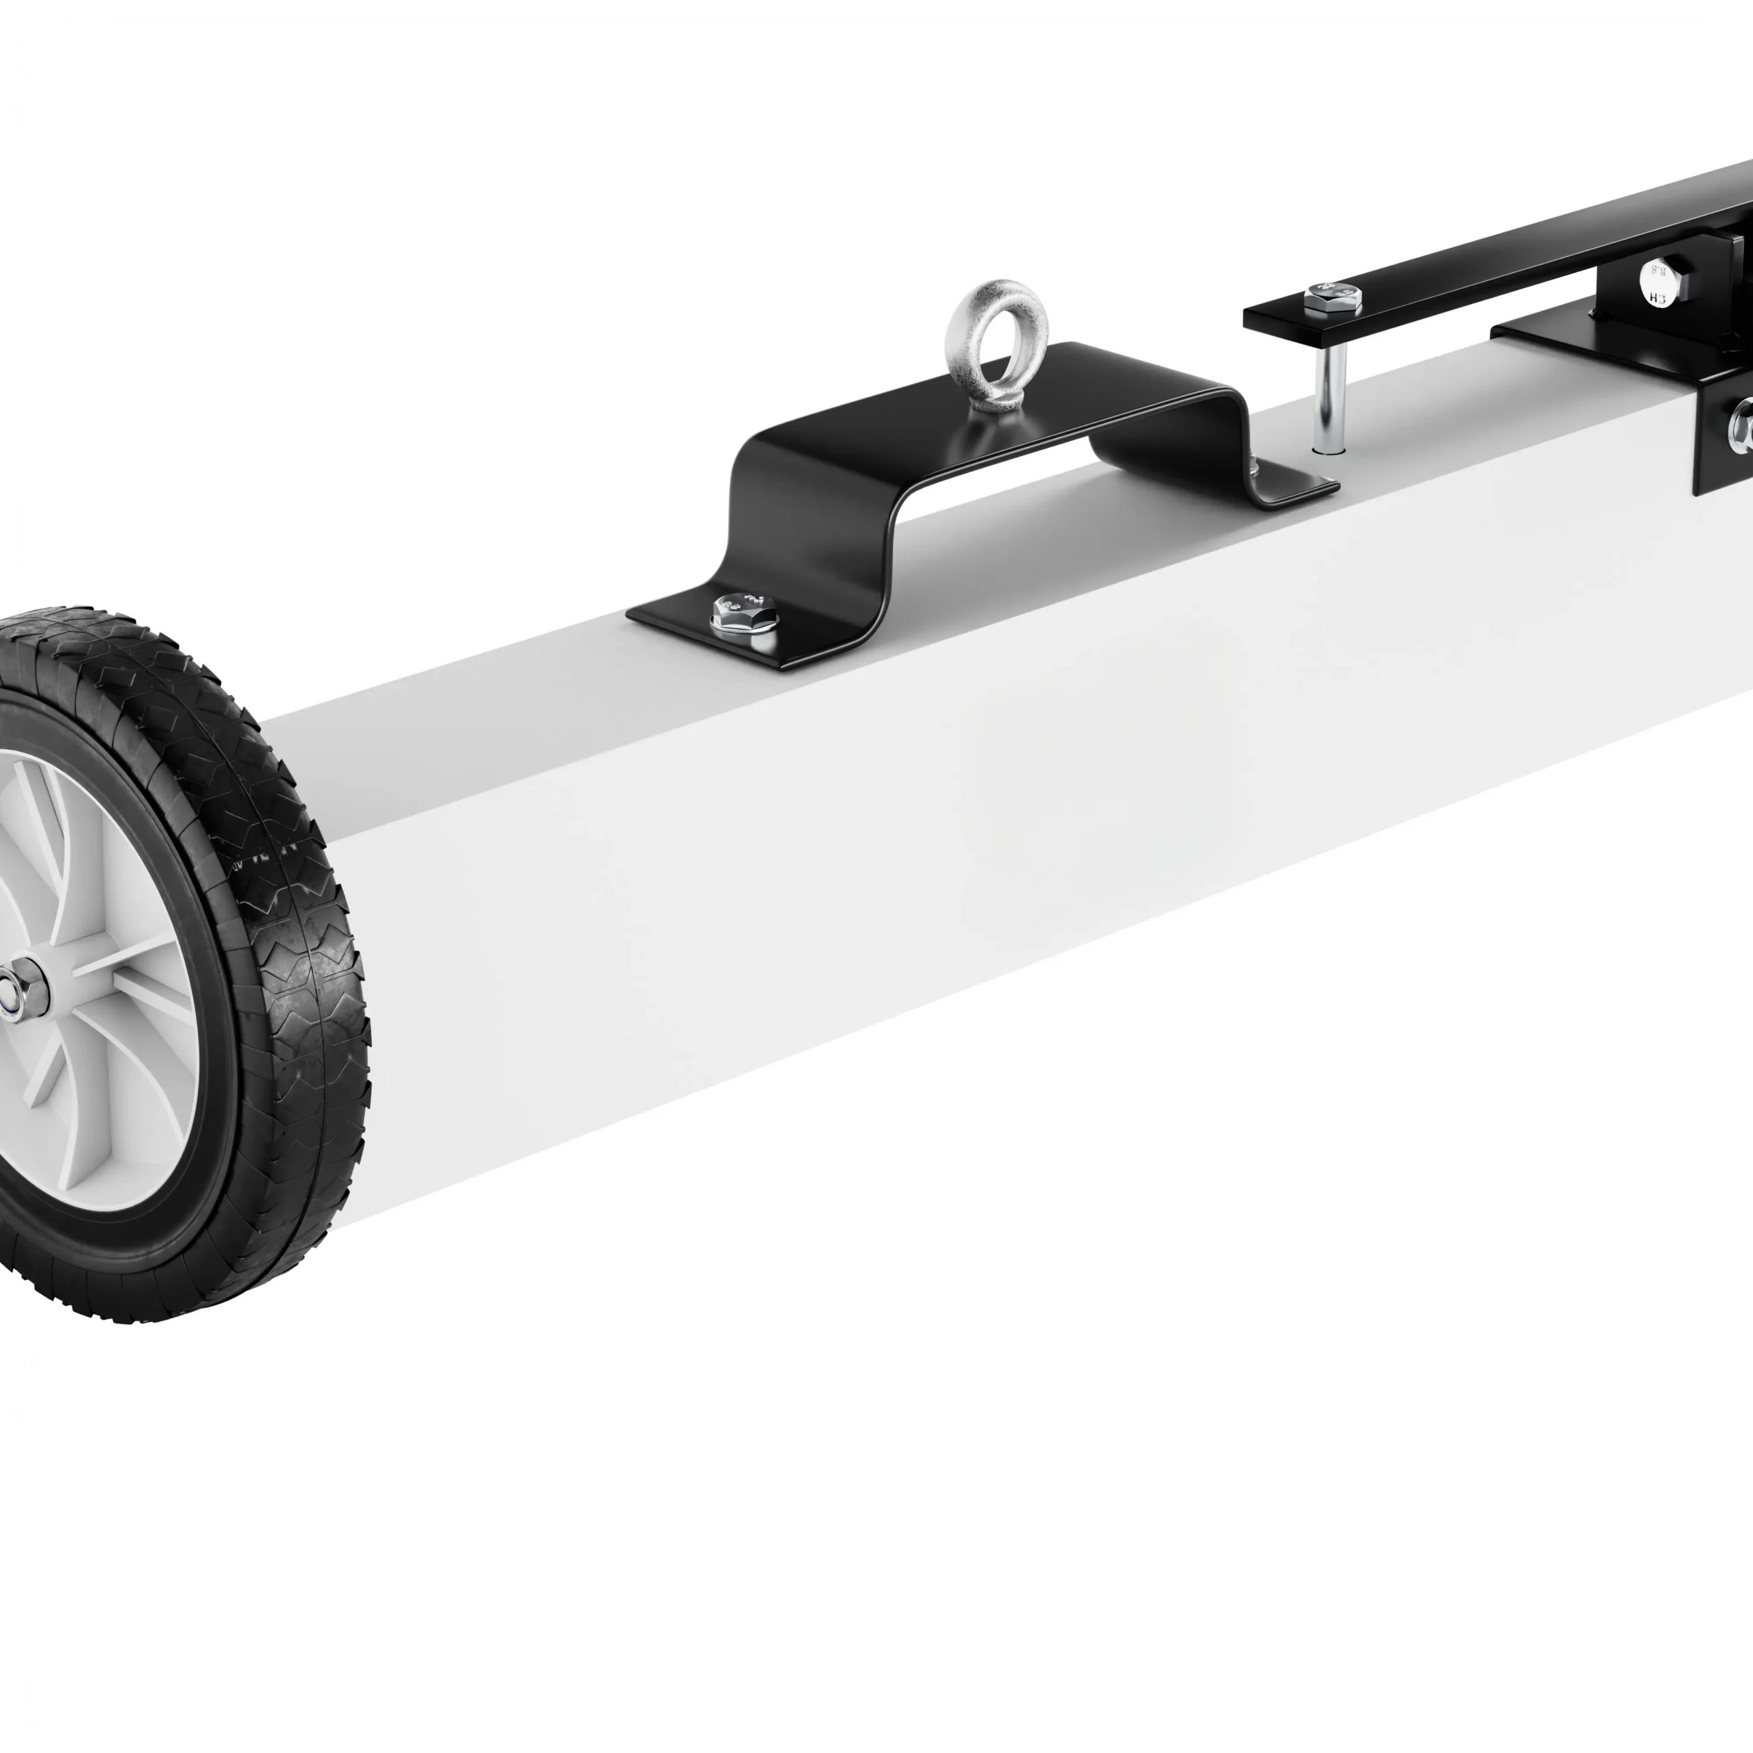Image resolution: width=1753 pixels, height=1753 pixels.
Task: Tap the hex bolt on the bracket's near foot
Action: coord(743,614)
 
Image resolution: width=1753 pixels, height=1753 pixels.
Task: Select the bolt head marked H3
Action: coord(1657,283)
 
